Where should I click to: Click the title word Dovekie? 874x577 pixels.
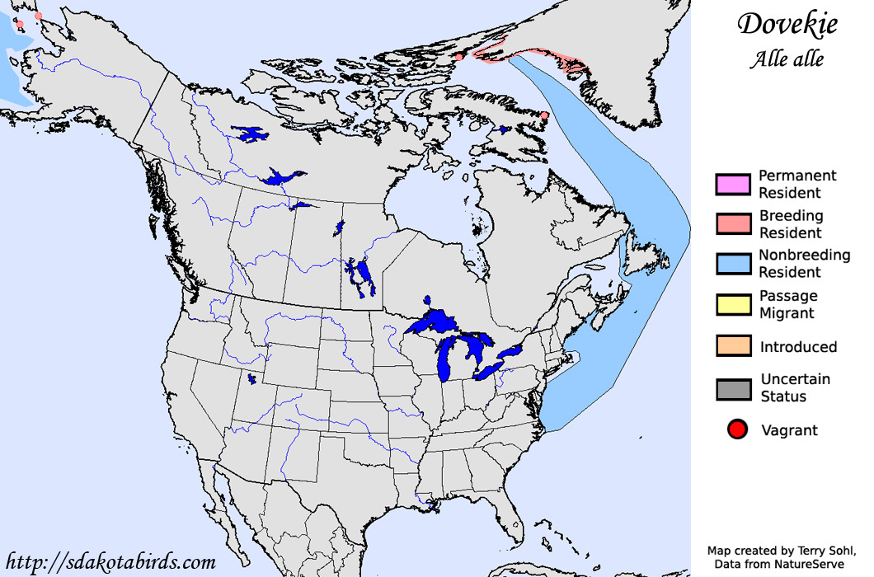point(787,24)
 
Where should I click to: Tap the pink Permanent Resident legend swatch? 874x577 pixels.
point(732,185)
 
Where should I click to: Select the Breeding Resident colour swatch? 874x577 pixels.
point(732,224)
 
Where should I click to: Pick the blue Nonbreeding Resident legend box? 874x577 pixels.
point(732,264)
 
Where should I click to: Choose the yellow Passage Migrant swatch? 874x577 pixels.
point(732,304)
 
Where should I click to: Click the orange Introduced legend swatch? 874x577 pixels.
point(732,346)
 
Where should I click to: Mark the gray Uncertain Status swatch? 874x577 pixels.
point(732,388)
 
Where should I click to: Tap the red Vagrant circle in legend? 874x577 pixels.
point(737,429)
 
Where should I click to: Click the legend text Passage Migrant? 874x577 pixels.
point(787,304)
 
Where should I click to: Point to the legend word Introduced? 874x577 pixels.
point(798,347)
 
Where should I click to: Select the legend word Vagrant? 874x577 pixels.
point(789,430)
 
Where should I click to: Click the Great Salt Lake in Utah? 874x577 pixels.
point(251,379)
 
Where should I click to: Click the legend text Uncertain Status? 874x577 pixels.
point(795,387)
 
